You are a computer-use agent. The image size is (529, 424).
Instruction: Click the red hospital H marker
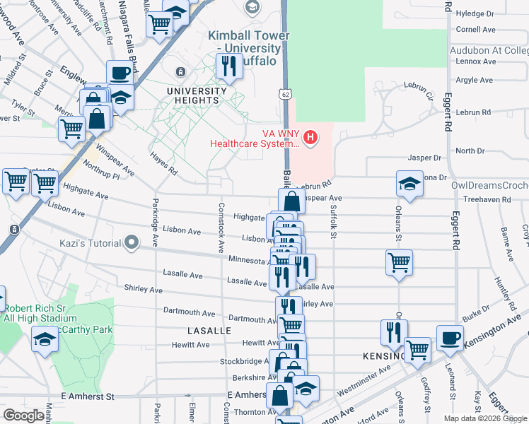coord(309,136)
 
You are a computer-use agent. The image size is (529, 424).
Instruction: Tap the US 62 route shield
coord(284,93)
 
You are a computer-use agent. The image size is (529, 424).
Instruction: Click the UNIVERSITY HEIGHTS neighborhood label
coord(197,95)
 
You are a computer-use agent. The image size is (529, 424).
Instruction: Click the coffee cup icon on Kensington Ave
coord(450,338)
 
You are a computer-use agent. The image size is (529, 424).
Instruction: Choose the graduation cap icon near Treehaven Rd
coord(409,184)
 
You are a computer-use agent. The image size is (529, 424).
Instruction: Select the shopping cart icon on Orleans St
coord(400,262)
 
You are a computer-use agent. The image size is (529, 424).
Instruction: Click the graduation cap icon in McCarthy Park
coord(45,339)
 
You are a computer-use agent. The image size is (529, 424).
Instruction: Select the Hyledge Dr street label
coord(475,13)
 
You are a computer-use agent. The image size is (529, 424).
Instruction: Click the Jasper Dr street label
coord(424,158)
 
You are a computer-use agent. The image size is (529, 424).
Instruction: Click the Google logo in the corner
coord(24,416)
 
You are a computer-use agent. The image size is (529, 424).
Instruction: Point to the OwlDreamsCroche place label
coord(489,185)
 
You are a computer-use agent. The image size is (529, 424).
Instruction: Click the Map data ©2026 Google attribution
coord(485,418)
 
